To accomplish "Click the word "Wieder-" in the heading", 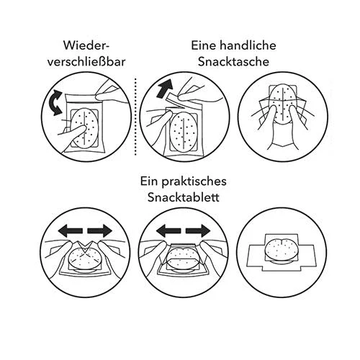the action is [x=86, y=45].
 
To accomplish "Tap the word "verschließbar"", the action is [x=86, y=62].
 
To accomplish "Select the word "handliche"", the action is [x=248, y=45].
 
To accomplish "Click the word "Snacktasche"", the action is [x=233, y=62].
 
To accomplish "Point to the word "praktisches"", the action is [x=194, y=181].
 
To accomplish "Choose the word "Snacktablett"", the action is [x=184, y=197].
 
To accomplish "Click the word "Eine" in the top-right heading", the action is [x=204, y=45].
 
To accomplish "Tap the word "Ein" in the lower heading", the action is [x=150, y=181].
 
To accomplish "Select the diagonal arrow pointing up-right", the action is [x=165, y=89].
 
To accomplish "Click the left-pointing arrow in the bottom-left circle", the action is [x=71, y=231].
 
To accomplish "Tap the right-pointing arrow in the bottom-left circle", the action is [x=100, y=231].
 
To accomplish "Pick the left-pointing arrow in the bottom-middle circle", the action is [x=168, y=231].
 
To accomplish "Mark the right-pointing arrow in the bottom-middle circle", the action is [x=198, y=231].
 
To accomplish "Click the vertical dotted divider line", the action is [x=135, y=116].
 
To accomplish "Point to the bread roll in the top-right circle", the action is [x=283, y=103].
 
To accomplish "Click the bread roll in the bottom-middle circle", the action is [x=183, y=260].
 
